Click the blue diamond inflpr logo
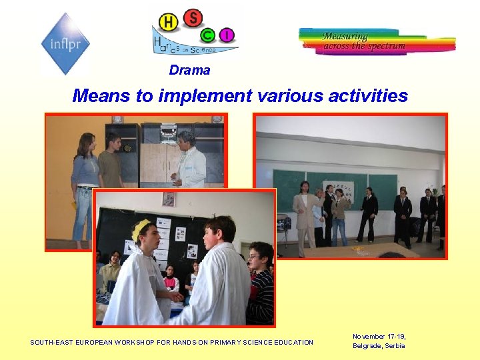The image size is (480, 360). [x=65, y=44]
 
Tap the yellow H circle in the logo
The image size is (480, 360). [x=169, y=23]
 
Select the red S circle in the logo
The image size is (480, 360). [x=193, y=18]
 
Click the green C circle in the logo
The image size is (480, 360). [x=209, y=34]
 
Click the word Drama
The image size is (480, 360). [x=189, y=70]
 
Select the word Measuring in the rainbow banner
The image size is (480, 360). [x=345, y=36]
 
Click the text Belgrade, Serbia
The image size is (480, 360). [x=379, y=346]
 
